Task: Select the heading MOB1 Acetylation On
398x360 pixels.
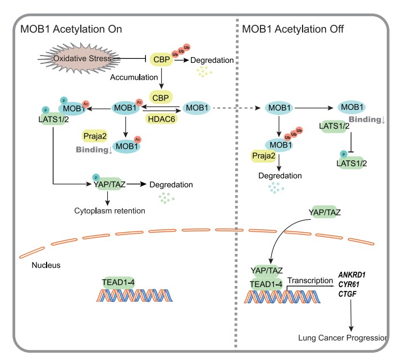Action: point(71,29)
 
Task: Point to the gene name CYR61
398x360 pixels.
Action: point(350,284)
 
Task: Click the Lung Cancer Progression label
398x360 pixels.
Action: point(344,338)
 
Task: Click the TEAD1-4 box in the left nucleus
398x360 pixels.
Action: point(117,282)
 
